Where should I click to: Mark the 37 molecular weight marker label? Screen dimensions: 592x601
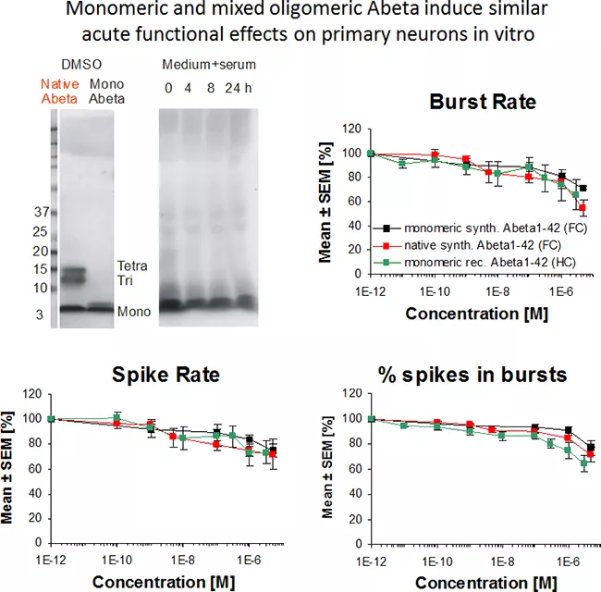pos(41,212)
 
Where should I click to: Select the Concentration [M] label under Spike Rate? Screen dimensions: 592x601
pos(150,580)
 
